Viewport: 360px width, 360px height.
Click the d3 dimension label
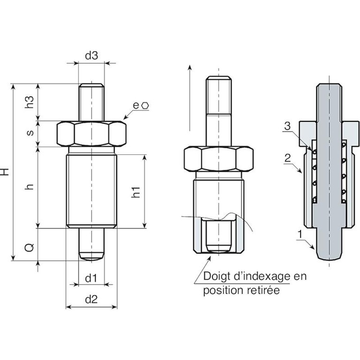[91, 55]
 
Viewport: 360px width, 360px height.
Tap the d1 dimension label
[91, 278]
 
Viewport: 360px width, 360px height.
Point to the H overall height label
[6, 172]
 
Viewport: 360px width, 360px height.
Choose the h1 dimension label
[135, 192]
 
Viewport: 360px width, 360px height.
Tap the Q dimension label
[29, 245]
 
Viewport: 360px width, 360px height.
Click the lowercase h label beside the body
[30, 187]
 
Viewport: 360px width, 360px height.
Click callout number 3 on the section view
[288, 126]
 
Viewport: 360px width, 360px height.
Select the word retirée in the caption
[264, 291]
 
